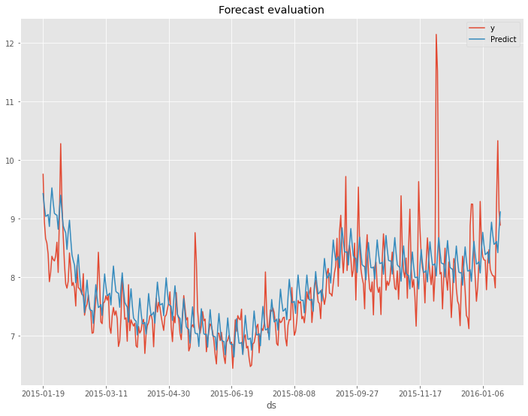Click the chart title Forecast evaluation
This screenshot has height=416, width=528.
pyautogui.click(x=271, y=11)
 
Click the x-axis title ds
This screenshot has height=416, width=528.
pyautogui.click(x=271, y=405)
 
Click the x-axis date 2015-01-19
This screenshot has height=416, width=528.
pyautogui.click(x=44, y=392)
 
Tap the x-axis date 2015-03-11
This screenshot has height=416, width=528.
pyautogui.click(x=106, y=392)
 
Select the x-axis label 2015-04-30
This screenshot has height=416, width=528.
pyautogui.click(x=169, y=392)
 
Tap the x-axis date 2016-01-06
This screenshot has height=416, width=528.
pyautogui.click(x=482, y=392)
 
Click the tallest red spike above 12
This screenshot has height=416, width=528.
pyautogui.click(x=436, y=35)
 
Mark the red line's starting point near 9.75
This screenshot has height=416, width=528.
pyautogui.click(x=43, y=174)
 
